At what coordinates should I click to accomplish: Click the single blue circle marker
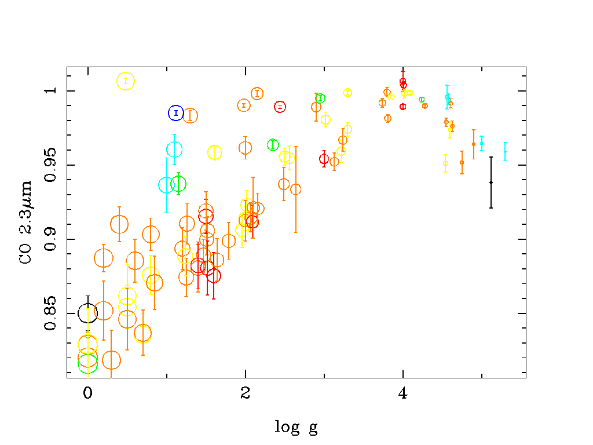176,113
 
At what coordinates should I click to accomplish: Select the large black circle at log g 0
88,313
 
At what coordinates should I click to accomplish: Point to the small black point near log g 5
491,183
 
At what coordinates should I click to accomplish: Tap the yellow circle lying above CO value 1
126,81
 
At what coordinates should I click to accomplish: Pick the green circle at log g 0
88,363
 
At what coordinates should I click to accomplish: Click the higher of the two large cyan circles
174,149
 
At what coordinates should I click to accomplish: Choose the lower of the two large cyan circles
167,185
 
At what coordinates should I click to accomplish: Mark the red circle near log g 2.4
280,107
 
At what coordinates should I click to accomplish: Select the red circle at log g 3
324,159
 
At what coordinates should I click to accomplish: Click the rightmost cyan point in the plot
505,152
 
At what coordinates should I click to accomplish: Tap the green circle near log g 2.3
273,145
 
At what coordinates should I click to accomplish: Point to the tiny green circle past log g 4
422,100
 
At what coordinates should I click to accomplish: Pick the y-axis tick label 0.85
51,313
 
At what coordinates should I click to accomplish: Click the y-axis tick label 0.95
51,165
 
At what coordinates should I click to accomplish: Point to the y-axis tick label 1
51,91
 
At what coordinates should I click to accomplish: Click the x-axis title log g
296,428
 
